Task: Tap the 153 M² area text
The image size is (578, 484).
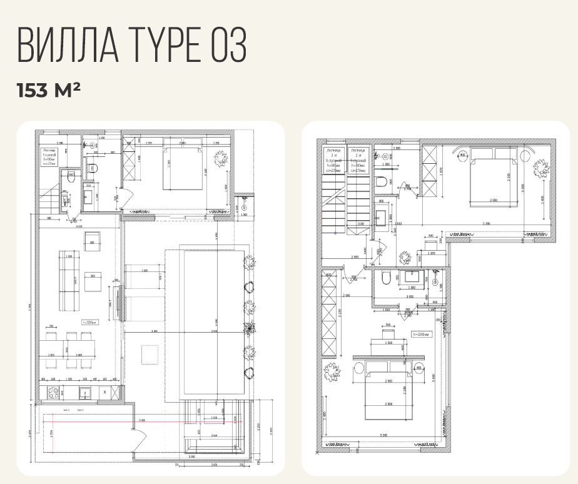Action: click(49, 90)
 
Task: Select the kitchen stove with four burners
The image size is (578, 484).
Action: click(53, 393)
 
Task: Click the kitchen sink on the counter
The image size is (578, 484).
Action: click(84, 393)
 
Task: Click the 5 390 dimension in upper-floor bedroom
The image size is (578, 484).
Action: click(486, 224)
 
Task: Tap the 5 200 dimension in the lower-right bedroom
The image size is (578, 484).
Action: click(383, 435)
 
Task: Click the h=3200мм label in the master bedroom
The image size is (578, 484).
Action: click(421, 335)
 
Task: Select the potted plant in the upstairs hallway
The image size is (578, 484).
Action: click(405, 256)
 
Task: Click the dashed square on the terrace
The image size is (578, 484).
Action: click(150, 354)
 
